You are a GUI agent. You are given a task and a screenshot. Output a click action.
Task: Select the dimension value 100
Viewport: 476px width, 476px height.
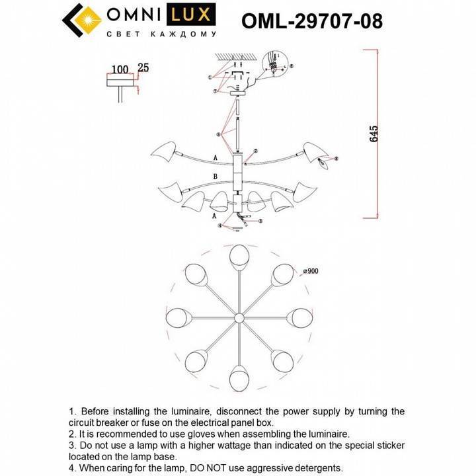click(x=120, y=69)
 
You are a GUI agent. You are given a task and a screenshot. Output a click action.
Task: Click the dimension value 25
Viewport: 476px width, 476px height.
click(x=143, y=68)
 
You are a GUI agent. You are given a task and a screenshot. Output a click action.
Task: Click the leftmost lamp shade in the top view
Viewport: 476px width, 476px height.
click(x=176, y=319)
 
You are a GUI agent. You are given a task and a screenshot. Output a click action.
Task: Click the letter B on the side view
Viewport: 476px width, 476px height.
click(x=215, y=177)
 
